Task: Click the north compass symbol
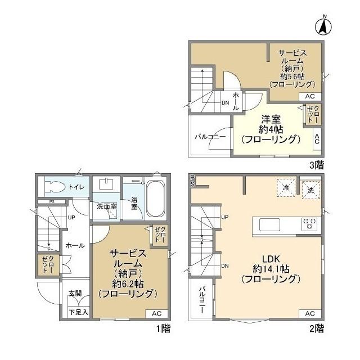point(324,26)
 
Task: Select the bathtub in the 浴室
point(155,199)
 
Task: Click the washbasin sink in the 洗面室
point(106,184)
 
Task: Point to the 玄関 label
point(75,293)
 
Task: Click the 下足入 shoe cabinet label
point(79,312)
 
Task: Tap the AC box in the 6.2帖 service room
point(156,313)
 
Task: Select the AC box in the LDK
point(310,313)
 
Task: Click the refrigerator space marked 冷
point(286,187)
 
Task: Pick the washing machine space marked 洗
point(311,190)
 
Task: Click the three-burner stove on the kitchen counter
point(309,224)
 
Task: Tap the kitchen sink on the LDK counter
point(270,224)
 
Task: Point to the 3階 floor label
point(317,165)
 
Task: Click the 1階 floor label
point(164,328)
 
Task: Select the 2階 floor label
point(317,328)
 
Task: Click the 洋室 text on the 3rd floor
point(271,120)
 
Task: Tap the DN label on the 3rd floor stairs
point(226,103)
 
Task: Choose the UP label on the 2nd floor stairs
point(225,217)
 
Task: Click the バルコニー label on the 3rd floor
point(210,137)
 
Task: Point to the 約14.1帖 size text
point(271,269)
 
